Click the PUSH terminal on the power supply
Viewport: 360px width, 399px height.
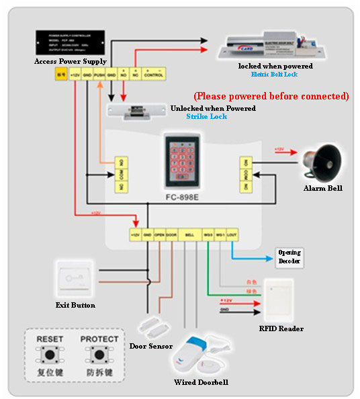click(99, 75)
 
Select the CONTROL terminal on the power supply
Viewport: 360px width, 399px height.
click(153, 75)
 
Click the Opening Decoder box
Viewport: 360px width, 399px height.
click(289, 257)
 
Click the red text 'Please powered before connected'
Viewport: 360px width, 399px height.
click(271, 96)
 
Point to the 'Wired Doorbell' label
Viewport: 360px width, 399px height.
click(201, 382)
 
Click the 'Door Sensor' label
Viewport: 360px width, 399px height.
click(151, 346)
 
